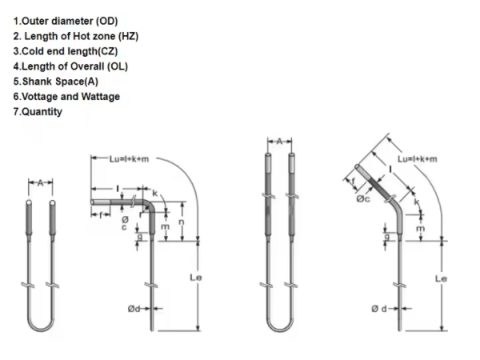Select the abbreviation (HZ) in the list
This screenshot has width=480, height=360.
[127, 36]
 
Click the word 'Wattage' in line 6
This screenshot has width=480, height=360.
[102, 97]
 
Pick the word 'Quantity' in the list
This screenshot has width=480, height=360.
[41, 112]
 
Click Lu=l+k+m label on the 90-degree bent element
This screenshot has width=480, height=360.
[130, 158]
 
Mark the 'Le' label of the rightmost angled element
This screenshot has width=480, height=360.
[441, 278]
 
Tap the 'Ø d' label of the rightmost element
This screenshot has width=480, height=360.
[380, 309]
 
